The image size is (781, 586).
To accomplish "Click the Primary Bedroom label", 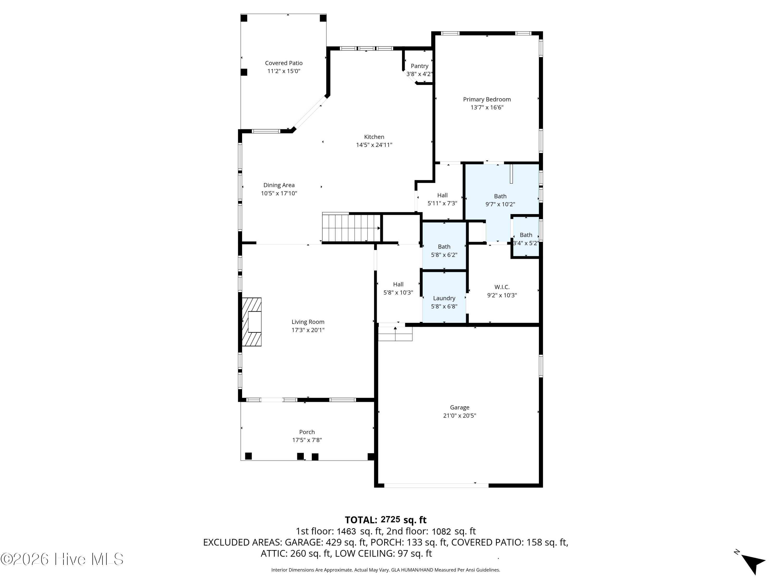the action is coord(487,99).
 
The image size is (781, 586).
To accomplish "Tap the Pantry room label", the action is coord(419,66).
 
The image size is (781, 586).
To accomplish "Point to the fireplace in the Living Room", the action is coord(251,322).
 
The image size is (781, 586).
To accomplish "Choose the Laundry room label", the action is coord(444,298).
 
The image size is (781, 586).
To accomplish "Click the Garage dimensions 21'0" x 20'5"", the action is coord(460,416).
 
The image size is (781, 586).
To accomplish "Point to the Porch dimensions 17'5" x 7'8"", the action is coord(307,440).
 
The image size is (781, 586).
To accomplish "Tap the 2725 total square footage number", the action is coord(390,519).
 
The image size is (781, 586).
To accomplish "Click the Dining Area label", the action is coord(279,185).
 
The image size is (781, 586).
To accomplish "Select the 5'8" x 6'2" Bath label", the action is coord(444,247).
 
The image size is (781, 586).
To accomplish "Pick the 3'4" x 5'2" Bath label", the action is coord(526,235).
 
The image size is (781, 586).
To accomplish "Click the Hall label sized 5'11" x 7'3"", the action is coord(442,195).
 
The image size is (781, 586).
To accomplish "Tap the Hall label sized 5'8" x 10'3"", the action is coord(398,284).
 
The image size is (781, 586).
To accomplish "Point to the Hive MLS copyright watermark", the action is coord(62,559).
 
